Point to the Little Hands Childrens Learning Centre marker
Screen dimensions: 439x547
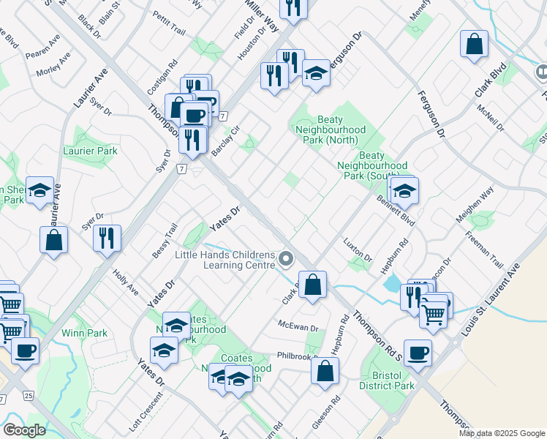click(x=286, y=258)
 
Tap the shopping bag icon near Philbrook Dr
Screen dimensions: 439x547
click(x=325, y=369)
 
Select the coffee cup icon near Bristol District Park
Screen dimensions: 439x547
click(x=418, y=353)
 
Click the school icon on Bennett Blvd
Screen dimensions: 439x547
click(x=404, y=191)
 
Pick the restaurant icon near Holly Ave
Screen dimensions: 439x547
click(x=107, y=237)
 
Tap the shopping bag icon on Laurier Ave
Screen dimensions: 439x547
click(x=53, y=239)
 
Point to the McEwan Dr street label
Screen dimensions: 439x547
click(x=298, y=326)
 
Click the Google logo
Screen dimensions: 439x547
click(x=24, y=430)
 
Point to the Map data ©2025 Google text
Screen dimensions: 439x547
click(x=501, y=433)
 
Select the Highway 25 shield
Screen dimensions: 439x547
click(x=28, y=396)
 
